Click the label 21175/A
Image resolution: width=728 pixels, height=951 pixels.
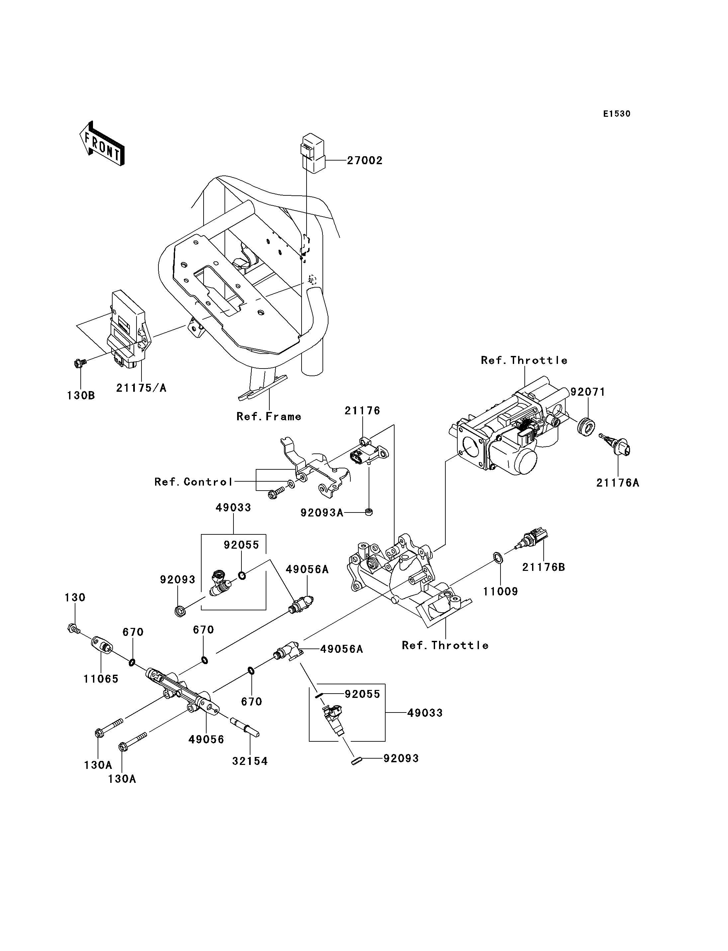(141, 388)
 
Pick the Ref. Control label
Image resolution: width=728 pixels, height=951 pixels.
(194, 482)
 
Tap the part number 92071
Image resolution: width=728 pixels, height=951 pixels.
(588, 392)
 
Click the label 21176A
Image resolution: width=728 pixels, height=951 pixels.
(617, 483)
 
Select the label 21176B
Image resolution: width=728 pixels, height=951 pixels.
(543, 567)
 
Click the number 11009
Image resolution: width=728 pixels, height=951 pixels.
(500, 591)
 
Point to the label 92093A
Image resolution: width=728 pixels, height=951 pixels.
(321, 513)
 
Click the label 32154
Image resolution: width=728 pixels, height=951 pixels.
(250, 761)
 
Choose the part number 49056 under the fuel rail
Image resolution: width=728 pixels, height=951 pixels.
(206, 739)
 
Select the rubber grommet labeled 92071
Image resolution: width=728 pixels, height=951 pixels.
(586, 426)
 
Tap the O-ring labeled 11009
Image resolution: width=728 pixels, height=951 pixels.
(498, 558)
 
